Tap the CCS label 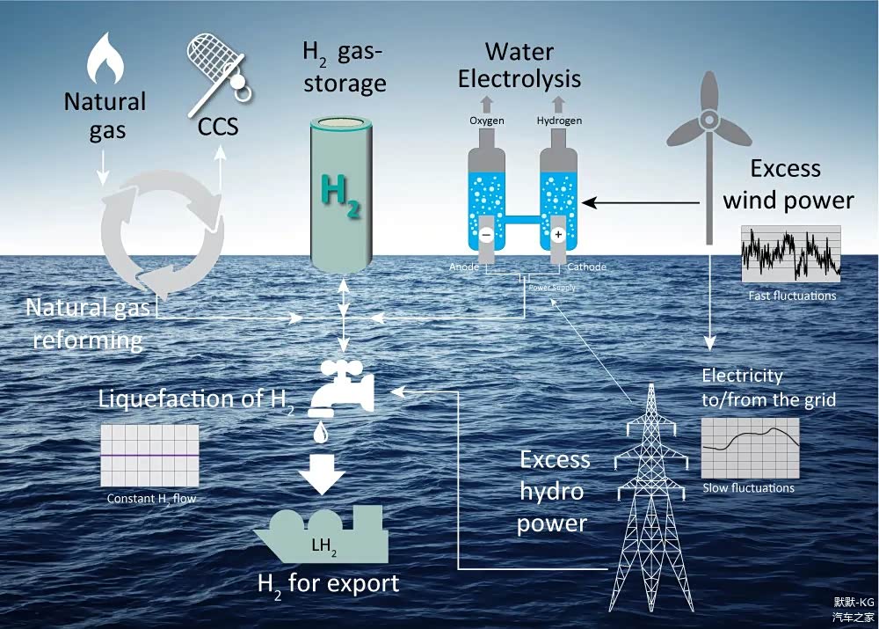pos(217,127)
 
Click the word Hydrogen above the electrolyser pos(559,121)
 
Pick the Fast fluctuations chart pos(791,254)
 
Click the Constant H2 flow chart pos(149,455)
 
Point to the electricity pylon pos(651,501)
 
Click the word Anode pos(463,267)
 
